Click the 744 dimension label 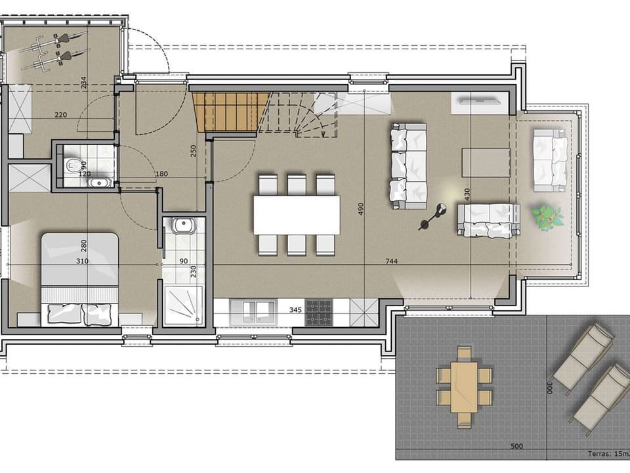392,261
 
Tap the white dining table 297,215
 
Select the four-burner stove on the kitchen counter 319,312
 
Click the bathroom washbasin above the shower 182,227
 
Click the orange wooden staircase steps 231,111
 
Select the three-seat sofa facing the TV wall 408,166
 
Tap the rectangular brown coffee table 486,162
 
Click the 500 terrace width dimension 517,447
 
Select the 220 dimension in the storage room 60,115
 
